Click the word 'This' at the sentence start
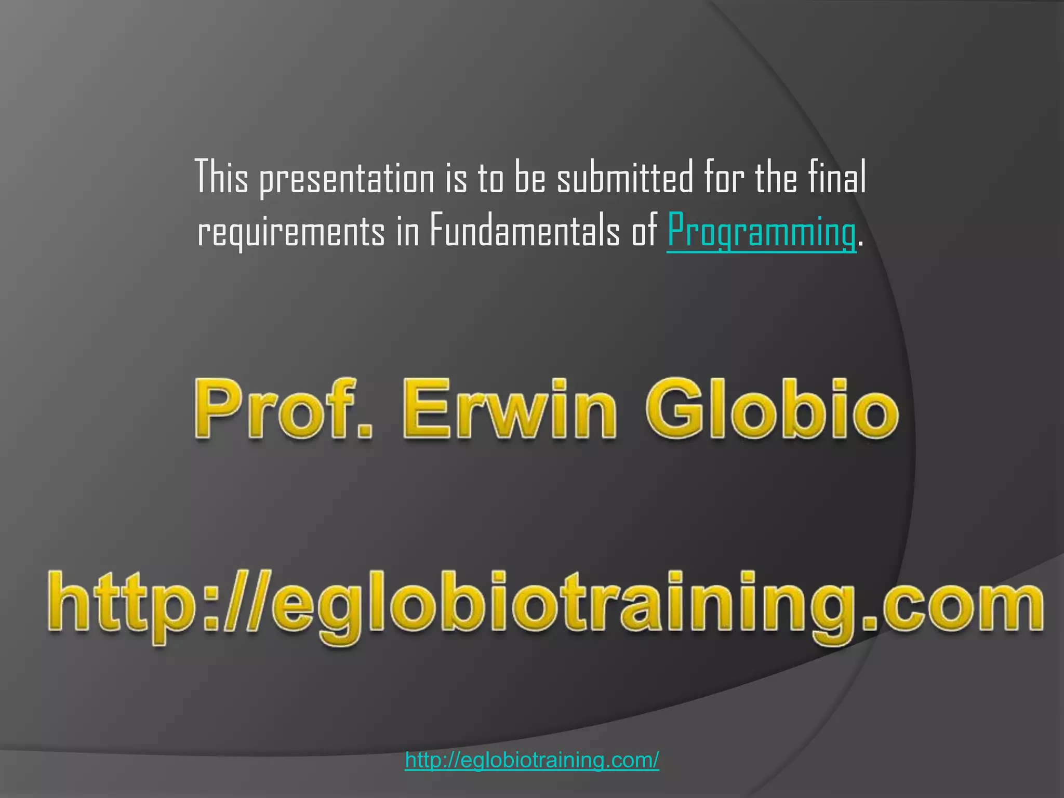222,177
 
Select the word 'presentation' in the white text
347,178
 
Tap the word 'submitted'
625,177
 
